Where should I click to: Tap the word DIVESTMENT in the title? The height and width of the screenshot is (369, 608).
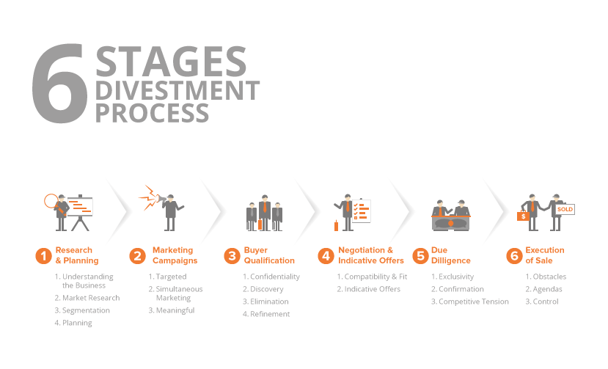point(177,90)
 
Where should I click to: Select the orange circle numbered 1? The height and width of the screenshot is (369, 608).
point(43,256)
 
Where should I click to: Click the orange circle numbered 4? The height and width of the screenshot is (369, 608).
point(326,256)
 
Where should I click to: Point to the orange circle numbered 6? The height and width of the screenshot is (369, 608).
point(514,256)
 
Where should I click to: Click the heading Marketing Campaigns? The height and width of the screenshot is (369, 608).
point(175,255)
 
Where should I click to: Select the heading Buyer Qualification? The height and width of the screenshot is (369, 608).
point(269,255)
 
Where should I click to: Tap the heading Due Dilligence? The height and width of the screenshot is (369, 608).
point(450,255)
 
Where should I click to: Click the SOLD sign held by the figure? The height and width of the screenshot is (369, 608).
point(565,209)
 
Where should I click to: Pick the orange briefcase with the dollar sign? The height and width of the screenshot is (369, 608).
point(523,216)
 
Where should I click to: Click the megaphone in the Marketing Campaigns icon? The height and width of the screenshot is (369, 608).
point(161,199)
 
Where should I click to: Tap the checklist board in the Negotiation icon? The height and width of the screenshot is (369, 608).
point(361,211)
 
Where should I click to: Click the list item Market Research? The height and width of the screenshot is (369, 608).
point(91,298)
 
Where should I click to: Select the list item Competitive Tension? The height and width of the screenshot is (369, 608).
point(474,302)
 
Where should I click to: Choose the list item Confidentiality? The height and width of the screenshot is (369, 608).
point(275,277)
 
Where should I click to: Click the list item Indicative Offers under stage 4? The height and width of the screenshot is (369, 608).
point(373,289)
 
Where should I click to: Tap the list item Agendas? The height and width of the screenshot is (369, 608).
point(547,290)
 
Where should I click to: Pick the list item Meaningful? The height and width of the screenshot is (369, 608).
point(175,310)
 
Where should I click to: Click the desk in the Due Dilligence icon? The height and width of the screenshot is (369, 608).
point(450,223)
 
